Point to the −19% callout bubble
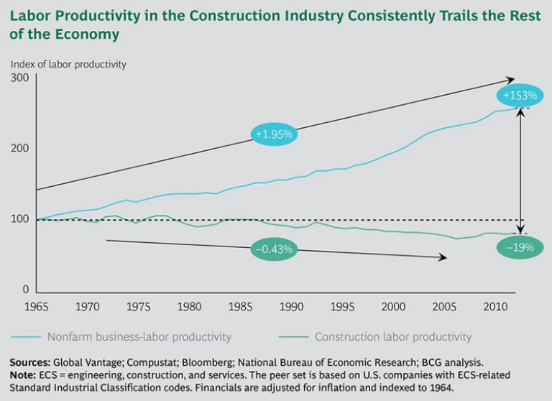point(519,247)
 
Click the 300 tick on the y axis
point(19,78)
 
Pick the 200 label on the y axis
point(19,148)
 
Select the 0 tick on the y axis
point(24,290)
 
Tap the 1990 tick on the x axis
point(291,307)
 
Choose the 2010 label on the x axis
point(495,307)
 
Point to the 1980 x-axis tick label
point(189,307)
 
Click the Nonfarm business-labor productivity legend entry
point(139,336)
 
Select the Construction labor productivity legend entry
point(393,336)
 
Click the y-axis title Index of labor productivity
point(68,64)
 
